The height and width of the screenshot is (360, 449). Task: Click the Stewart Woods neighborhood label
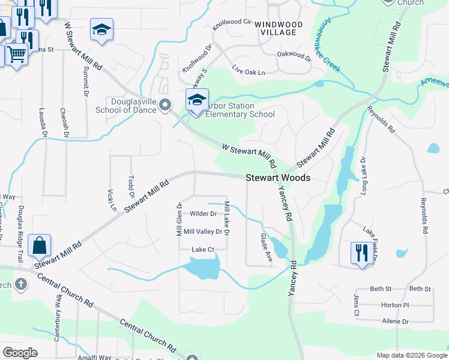(278, 178)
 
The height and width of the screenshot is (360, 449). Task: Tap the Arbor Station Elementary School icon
(196, 100)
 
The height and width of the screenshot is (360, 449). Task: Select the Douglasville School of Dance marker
(166, 106)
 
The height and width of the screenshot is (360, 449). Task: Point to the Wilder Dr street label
(203, 214)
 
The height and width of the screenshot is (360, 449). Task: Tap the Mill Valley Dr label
(203, 232)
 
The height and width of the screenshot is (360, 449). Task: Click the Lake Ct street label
(202, 250)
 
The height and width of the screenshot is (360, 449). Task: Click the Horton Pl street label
(394, 305)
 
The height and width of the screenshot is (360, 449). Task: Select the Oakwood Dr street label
(294, 57)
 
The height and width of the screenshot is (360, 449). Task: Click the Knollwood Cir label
(233, 25)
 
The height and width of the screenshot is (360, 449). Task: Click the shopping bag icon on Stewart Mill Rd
(39, 245)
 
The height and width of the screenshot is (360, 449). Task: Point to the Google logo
(20, 353)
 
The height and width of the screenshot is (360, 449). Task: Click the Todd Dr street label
(132, 186)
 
